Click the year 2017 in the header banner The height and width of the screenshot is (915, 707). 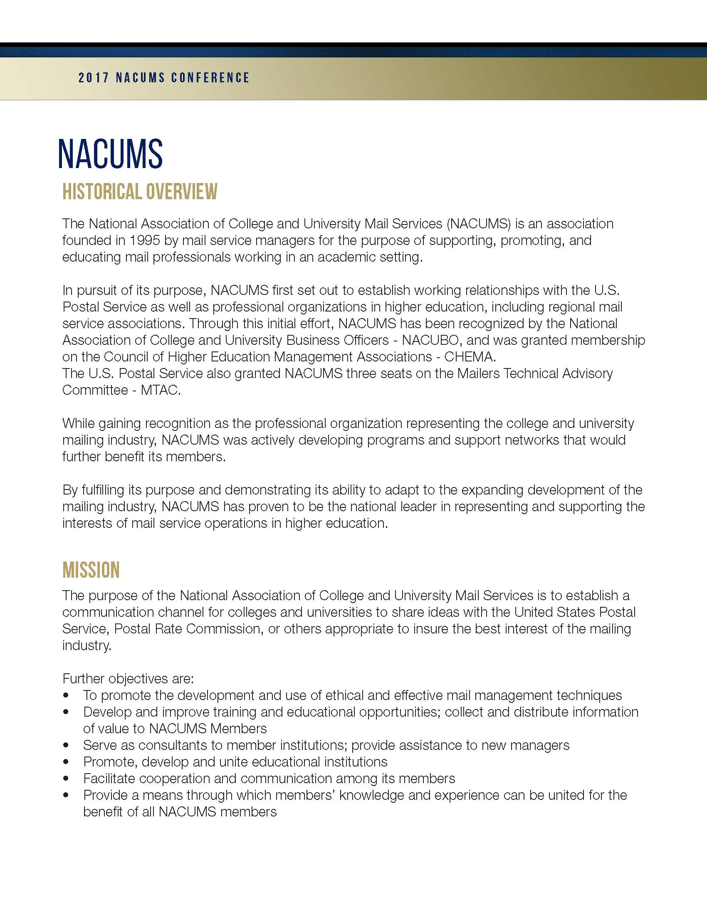[x=94, y=78]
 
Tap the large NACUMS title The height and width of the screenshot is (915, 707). [x=110, y=154]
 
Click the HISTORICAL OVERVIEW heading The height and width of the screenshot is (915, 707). [x=140, y=191]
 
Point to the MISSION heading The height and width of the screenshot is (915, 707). [x=91, y=570]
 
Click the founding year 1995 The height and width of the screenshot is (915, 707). [x=144, y=240]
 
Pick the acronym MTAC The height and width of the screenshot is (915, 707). [x=161, y=390]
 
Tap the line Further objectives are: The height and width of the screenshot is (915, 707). [x=128, y=679]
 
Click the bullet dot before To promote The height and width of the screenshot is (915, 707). [x=66, y=695]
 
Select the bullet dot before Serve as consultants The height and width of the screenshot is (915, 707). [x=66, y=745]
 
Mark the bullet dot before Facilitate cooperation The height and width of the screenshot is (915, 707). [x=66, y=779]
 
